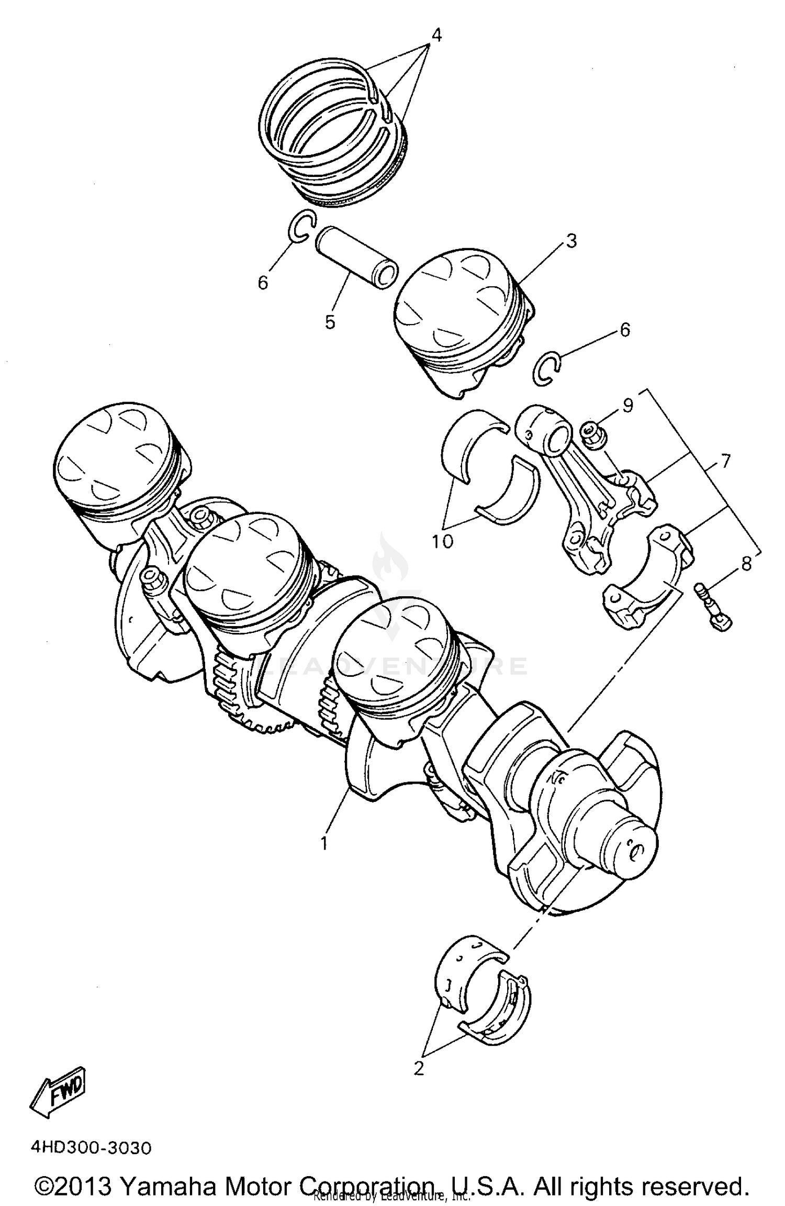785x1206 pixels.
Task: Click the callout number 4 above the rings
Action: pos(436,35)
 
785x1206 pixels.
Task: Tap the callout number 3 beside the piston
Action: pos(571,241)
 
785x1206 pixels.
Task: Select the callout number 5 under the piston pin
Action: pos(329,322)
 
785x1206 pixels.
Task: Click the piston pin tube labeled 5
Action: pos(356,255)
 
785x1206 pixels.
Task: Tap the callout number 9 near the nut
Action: pos(628,405)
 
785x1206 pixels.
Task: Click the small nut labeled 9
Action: pos(593,435)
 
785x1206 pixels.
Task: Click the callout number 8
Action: pos(746,564)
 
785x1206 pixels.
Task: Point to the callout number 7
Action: pos(725,462)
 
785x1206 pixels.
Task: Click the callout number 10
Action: pos(442,542)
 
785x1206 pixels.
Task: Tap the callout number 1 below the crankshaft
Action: pos(324,843)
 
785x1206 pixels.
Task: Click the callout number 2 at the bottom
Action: pos(418,1069)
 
